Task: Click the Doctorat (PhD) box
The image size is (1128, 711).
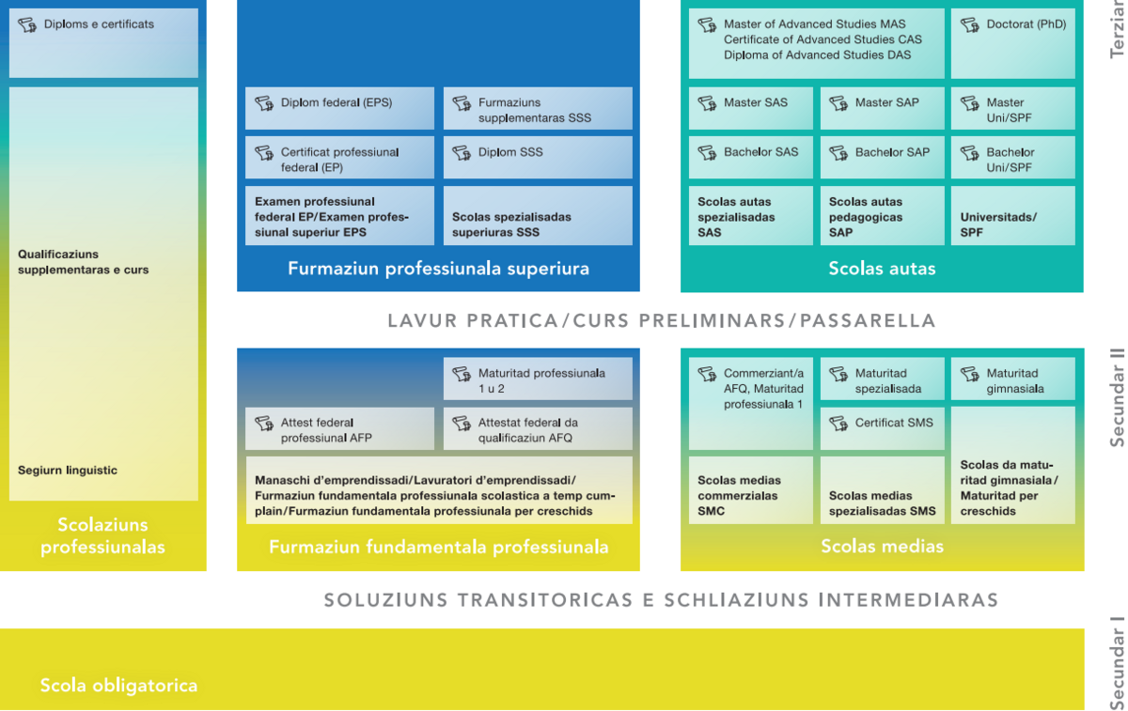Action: click(1012, 43)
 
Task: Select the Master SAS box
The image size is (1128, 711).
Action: click(750, 108)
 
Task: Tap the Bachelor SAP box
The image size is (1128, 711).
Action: click(883, 157)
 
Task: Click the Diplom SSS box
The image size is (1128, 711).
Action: click(538, 157)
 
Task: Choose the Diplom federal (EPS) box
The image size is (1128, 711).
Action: click(339, 108)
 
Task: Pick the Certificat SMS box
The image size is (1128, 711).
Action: click(883, 428)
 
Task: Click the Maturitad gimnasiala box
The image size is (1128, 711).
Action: click(1012, 379)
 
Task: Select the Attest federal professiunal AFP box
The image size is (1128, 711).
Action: click(339, 428)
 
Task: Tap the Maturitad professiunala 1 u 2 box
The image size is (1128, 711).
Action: click(538, 379)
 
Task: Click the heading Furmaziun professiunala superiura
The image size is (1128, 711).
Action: click(438, 269)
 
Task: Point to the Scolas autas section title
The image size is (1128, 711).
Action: click(882, 269)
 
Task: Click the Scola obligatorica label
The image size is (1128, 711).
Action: click(118, 686)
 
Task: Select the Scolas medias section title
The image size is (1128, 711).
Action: click(882, 546)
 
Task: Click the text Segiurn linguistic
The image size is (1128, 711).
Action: click(68, 471)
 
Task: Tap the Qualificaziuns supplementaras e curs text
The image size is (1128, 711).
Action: click(83, 262)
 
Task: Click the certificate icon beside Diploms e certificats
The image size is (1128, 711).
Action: click(27, 24)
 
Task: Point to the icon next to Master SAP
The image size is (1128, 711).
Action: click(838, 103)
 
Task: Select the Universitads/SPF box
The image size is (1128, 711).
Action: click(1012, 215)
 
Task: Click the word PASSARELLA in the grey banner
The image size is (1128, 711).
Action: click(868, 321)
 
